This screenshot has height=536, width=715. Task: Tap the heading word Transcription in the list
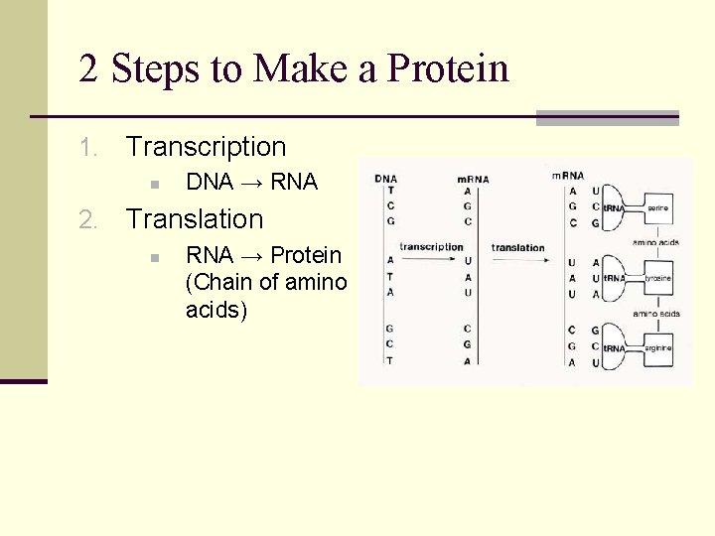206,147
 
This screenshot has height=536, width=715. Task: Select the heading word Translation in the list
195,219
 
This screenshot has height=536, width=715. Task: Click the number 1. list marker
88,148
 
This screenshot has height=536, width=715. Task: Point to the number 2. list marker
88,220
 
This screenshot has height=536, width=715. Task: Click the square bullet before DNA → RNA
154,184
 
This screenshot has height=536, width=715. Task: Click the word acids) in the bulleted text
216,310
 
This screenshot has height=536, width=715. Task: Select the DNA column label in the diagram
385,179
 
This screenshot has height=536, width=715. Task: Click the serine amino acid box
656,208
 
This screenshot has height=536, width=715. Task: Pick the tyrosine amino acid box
656,278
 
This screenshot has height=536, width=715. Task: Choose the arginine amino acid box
656,348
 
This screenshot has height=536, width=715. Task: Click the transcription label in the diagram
431,246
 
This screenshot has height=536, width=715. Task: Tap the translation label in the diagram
517,247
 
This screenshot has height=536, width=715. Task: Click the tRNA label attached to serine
613,208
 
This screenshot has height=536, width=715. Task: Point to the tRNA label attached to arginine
613,348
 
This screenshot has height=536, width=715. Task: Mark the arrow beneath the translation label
517,261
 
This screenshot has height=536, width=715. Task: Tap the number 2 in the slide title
89,68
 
